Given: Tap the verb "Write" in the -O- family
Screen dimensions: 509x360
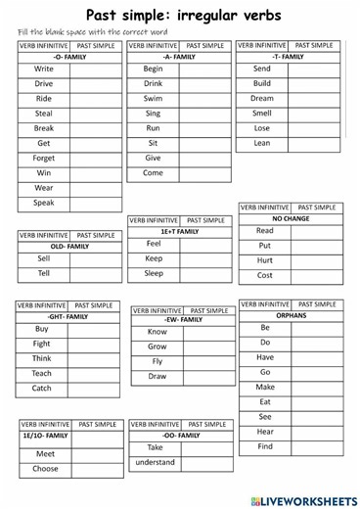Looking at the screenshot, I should (44, 69).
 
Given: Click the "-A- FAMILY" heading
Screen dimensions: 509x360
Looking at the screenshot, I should (179, 57).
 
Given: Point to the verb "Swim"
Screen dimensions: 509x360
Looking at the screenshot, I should (153, 99).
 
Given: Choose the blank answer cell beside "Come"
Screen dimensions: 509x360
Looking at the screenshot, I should (204, 173).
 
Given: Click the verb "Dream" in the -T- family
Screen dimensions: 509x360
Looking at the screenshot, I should (261, 99).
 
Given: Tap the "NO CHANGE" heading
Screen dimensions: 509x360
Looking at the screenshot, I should (291, 219).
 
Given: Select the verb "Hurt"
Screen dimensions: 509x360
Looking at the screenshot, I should (264, 260).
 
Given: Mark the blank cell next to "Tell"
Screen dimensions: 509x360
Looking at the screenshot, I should (95, 273).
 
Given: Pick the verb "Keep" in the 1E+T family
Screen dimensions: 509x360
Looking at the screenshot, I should (154, 258).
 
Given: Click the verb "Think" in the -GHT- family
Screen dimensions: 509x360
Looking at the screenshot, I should (42, 358).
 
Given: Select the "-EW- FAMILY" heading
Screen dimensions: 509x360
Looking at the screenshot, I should (183, 319).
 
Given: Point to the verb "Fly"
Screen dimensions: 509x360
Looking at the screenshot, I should (157, 361).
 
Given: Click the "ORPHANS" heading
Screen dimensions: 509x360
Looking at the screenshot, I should (291, 316).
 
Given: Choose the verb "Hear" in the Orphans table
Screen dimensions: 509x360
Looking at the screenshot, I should (265, 432).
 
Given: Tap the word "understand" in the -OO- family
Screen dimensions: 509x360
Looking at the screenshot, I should (155, 462).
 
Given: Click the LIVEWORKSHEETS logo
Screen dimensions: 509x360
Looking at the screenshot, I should (304, 499).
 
